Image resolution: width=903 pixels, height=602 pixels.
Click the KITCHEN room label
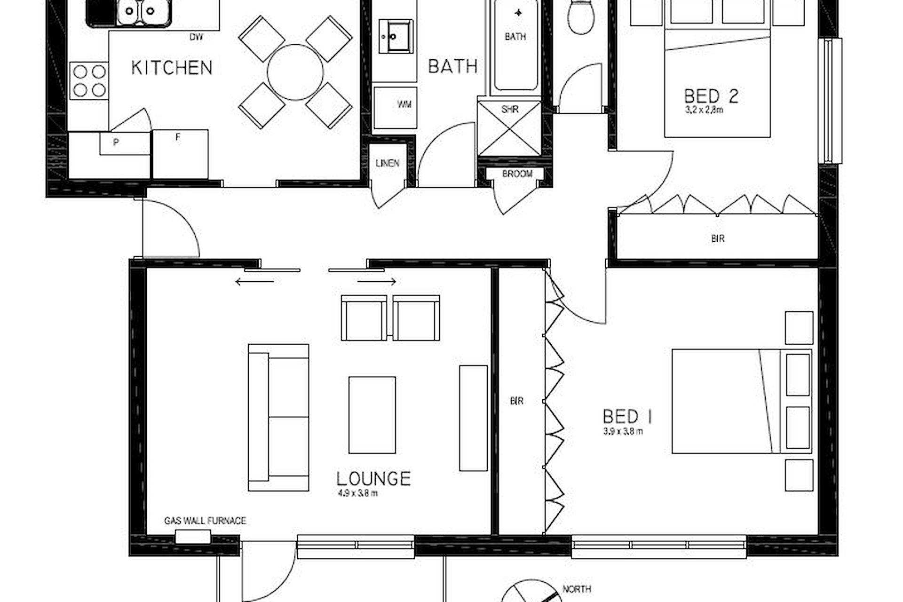tap(172, 67)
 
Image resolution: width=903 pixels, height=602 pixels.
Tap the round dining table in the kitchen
tap(295, 72)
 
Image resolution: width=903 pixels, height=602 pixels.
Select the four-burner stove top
tap(89, 80)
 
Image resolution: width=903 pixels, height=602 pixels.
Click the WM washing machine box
tap(395, 107)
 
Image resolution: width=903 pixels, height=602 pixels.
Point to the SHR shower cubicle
tap(509, 127)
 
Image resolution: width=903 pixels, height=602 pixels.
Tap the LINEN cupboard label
tap(388, 163)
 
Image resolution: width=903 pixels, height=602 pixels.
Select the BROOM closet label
tap(517, 174)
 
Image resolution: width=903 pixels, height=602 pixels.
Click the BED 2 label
tap(711, 96)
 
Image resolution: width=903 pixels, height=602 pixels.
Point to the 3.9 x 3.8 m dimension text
tap(623, 431)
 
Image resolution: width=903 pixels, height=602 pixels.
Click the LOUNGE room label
tap(373, 478)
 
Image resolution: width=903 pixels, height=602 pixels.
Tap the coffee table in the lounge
tap(372, 415)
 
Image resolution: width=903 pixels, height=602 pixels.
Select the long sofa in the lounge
tap(278, 418)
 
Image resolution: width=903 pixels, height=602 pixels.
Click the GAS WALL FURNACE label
tap(205, 521)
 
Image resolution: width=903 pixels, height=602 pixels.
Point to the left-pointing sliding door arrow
tap(254, 282)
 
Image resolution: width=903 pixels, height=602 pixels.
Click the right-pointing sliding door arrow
tap(377, 282)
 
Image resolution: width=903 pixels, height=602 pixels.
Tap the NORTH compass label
tap(577, 589)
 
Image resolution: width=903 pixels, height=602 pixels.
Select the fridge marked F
tap(180, 154)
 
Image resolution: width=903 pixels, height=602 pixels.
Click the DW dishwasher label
tap(196, 37)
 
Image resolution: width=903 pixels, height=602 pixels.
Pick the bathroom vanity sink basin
tap(396, 36)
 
